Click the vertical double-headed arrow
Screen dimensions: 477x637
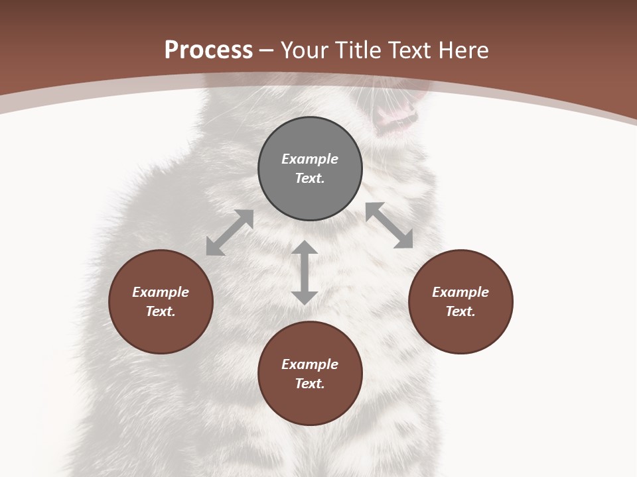coord(305,272)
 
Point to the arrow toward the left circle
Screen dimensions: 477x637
coord(230,233)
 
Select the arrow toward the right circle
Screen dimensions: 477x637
coord(389,225)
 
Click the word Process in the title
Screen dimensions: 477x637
coord(208,50)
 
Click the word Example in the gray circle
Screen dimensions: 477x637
coord(310,159)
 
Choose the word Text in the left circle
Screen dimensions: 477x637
coord(161,311)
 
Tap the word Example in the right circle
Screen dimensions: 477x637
coord(460,292)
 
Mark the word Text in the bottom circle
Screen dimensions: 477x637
coord(310,384)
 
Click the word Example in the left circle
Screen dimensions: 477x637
coord(161,292)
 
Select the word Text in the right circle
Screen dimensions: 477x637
coord(460,311)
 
